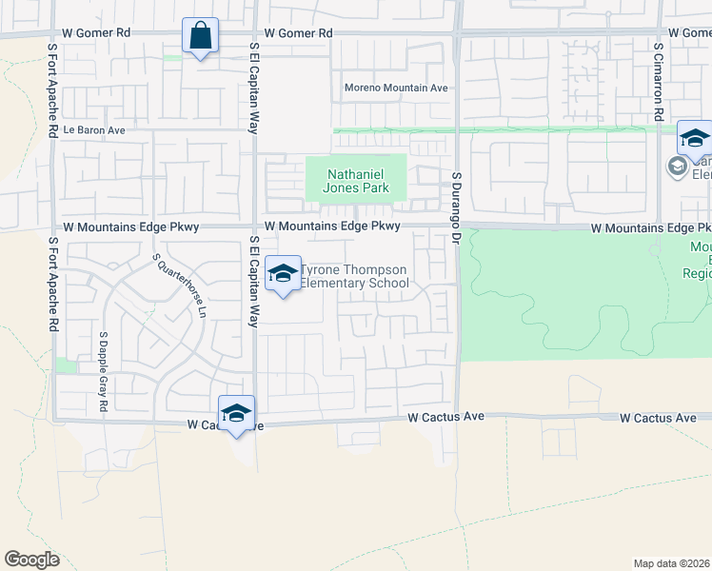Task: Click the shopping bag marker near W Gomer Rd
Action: coord(200,37)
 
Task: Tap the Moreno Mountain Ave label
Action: coord(395,89)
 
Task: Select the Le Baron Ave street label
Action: coord(94,130)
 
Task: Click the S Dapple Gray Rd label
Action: coord(103,373)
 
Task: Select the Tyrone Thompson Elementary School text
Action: coord(353,276)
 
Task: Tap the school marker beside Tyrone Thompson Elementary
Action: coord(283,275)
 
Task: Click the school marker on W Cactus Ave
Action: coord(236,414)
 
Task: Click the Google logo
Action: coord(31,560)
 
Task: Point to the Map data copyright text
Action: coord(672,562)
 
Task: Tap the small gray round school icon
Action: coord(677,167)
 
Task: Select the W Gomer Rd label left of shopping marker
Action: coord(96,32)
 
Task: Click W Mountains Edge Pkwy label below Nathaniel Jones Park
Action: coord(332,226)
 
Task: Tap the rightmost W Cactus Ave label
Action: coord(658,418)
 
